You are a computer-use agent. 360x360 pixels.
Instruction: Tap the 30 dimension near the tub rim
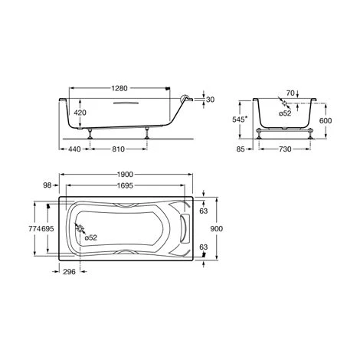click(x=209, y=99)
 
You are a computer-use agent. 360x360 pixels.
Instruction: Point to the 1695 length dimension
click(x=123, y=186)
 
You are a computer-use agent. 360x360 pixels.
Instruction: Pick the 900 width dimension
click(x=218, y=229)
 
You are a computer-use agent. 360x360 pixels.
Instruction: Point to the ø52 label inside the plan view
click(x=90, y=238)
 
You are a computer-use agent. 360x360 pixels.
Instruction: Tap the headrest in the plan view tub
click(x=181, y=228)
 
